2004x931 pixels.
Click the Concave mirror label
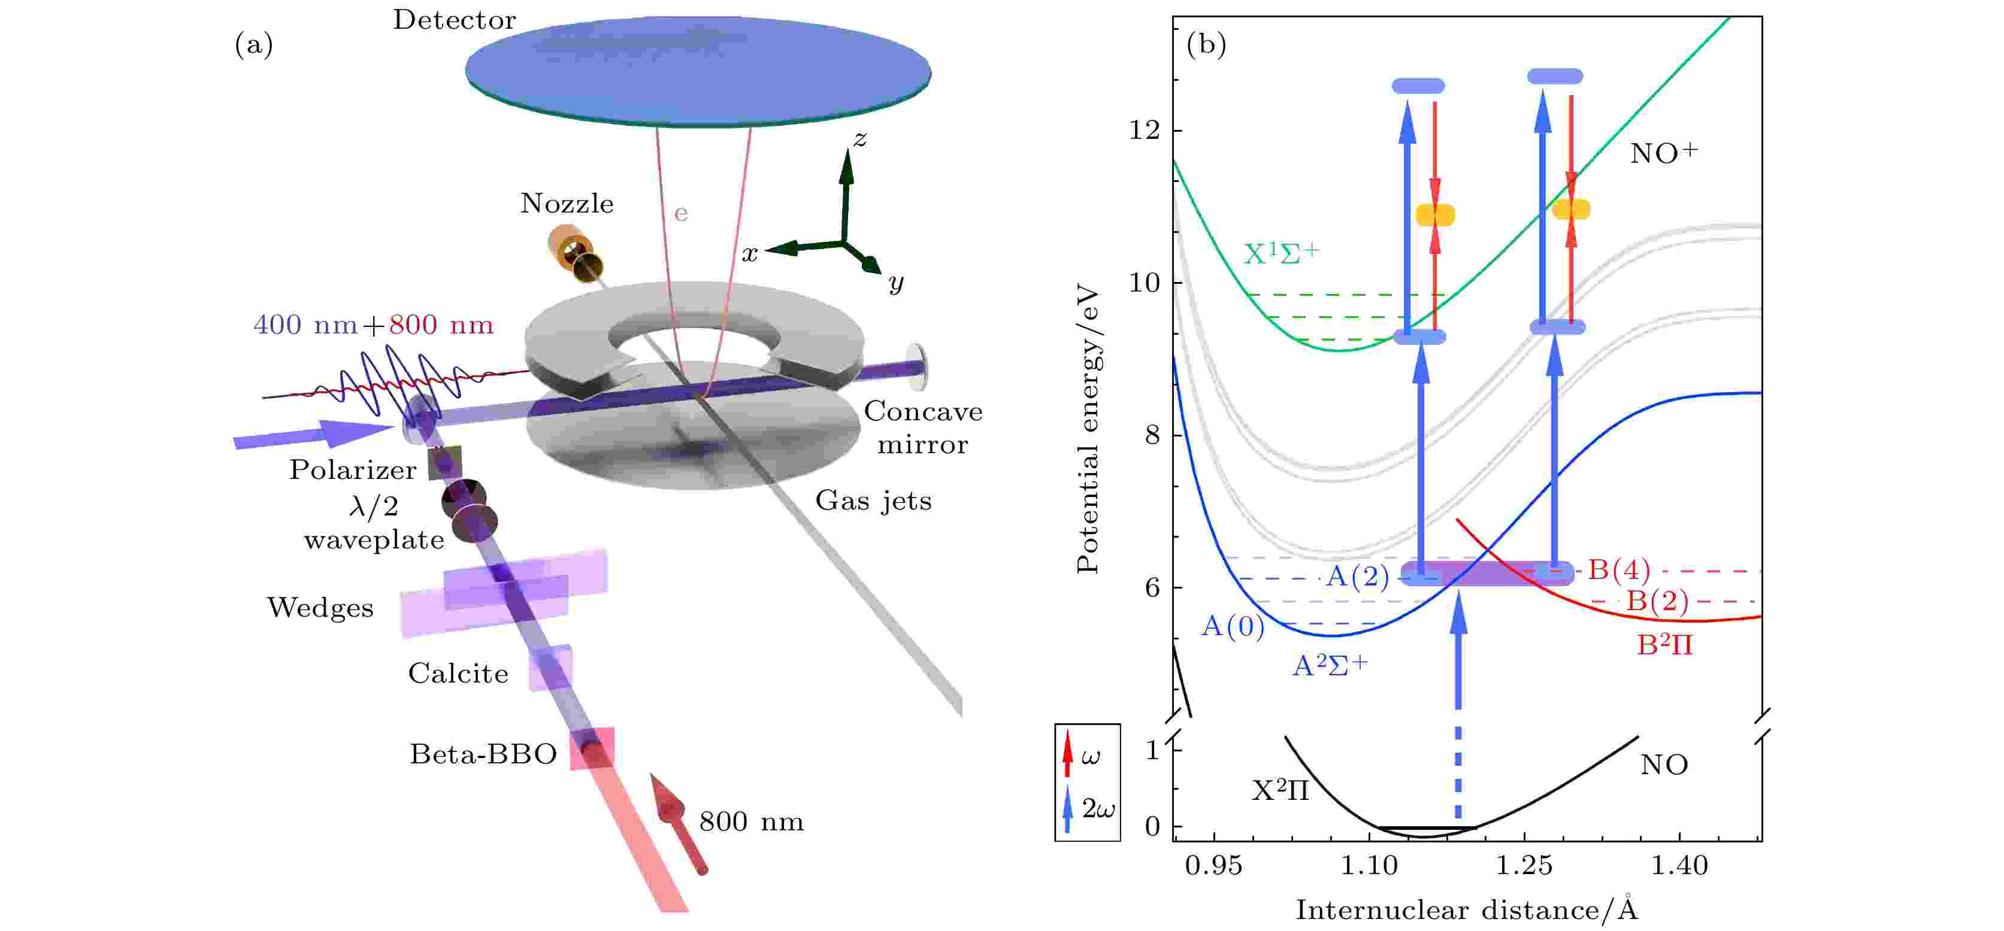pos(923,427)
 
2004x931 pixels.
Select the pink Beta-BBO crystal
pos(592,748)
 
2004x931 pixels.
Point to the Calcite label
pos(458,674)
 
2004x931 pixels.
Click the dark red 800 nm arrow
pos(677,824)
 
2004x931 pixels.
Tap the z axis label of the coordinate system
pos(859,140)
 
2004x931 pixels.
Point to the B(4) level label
pos(1618,570)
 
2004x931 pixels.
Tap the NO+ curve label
pos(1663,153)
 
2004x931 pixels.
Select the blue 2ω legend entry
pos(1087,809)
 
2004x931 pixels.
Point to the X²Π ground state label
pos(1280,791)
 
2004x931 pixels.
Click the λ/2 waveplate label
pos(374,523)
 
